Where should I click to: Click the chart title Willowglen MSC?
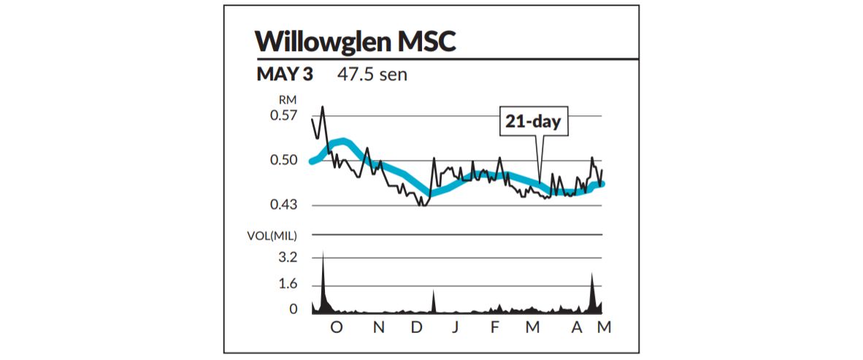pyautogui.click(x=356, y=42)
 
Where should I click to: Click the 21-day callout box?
pyautogui.click(x=533, y=121)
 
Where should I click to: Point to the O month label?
pyautogui.click(x=336, y=328)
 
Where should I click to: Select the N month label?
pyautogui.click(x=378, y=328)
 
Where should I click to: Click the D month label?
pyautogui.click(x=417, y=328)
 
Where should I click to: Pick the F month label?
pyautogui.click(x=495, y=328)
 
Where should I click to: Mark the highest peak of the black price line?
pyautogui.click(x=322, y=107)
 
